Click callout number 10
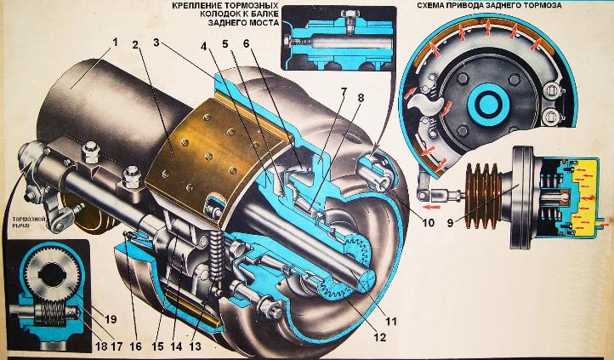pos(428,223)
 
